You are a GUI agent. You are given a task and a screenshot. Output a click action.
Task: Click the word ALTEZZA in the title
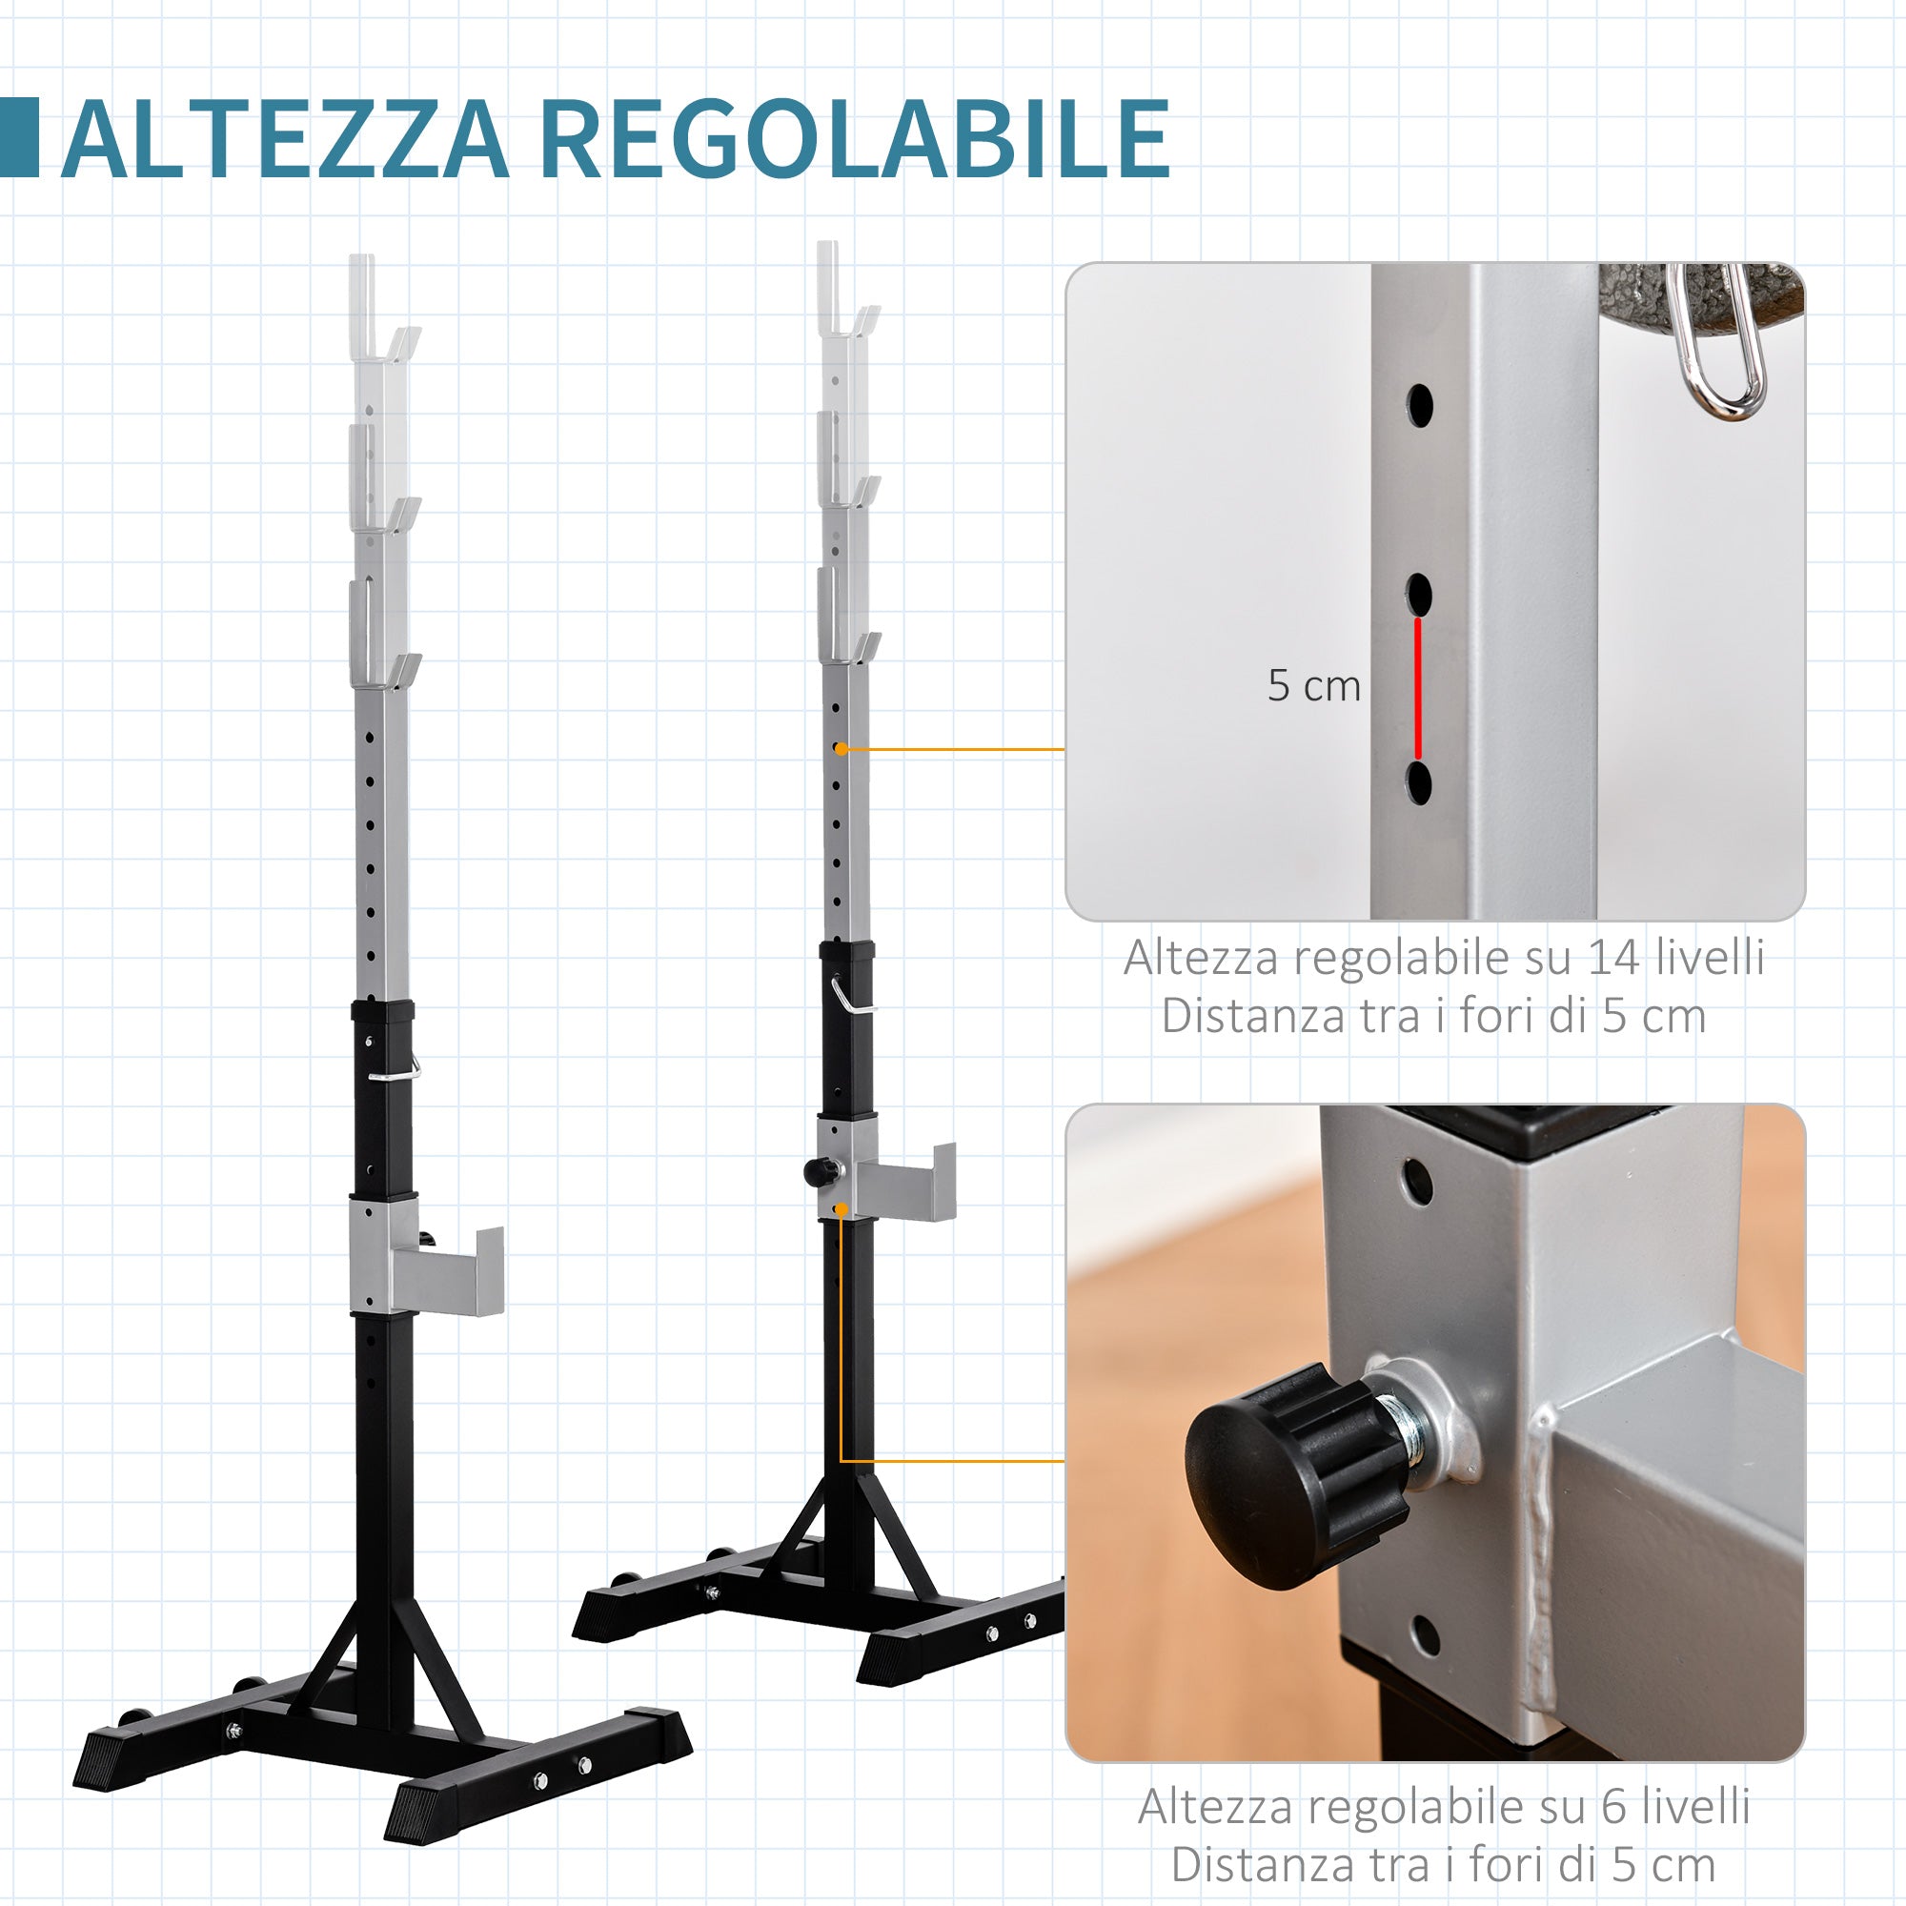click(286, 139)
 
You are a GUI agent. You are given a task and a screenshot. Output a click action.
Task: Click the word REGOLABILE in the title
click(854, 139)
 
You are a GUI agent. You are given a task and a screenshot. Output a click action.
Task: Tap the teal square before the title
click(19, 138)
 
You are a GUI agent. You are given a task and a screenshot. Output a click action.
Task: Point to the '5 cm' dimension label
click(1313, 685)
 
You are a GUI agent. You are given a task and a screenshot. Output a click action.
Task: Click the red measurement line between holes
click(1419, 688)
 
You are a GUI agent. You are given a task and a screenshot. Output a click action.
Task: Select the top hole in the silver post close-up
click(1420, 404)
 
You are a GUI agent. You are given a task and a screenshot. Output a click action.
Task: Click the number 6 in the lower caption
click(1614, 1807)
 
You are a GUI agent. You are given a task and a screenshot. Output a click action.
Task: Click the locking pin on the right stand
click(850, 996)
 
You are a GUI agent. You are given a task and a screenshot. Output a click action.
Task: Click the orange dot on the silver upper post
click(841, 750)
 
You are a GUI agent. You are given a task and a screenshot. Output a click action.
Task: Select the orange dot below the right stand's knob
click(841, 1210)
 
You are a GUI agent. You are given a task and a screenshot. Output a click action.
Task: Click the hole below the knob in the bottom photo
click(1425, 1635)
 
